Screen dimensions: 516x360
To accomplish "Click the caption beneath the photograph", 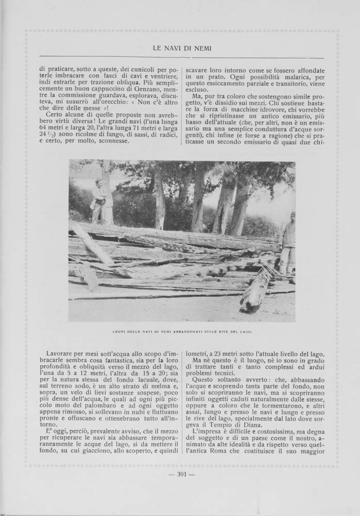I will [x=181, y=330].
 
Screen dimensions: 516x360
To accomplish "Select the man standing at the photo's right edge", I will [x=287, y=243].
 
